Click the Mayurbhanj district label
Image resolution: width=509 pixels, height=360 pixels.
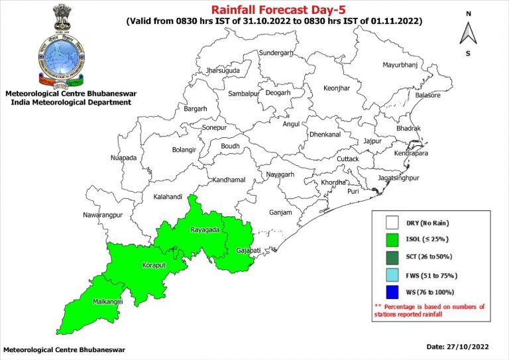pyautogui.click(x=403, y=65)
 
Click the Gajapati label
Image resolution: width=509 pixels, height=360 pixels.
pyautogui.click(x=249, y=251)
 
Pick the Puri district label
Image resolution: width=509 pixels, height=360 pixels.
pyautogui.click(x=353, y=191)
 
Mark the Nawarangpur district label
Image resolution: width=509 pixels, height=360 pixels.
pyautogui.click(x=103, y=215)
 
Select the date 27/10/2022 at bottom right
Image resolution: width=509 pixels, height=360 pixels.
pyautogui.click(x=467, y=347)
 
